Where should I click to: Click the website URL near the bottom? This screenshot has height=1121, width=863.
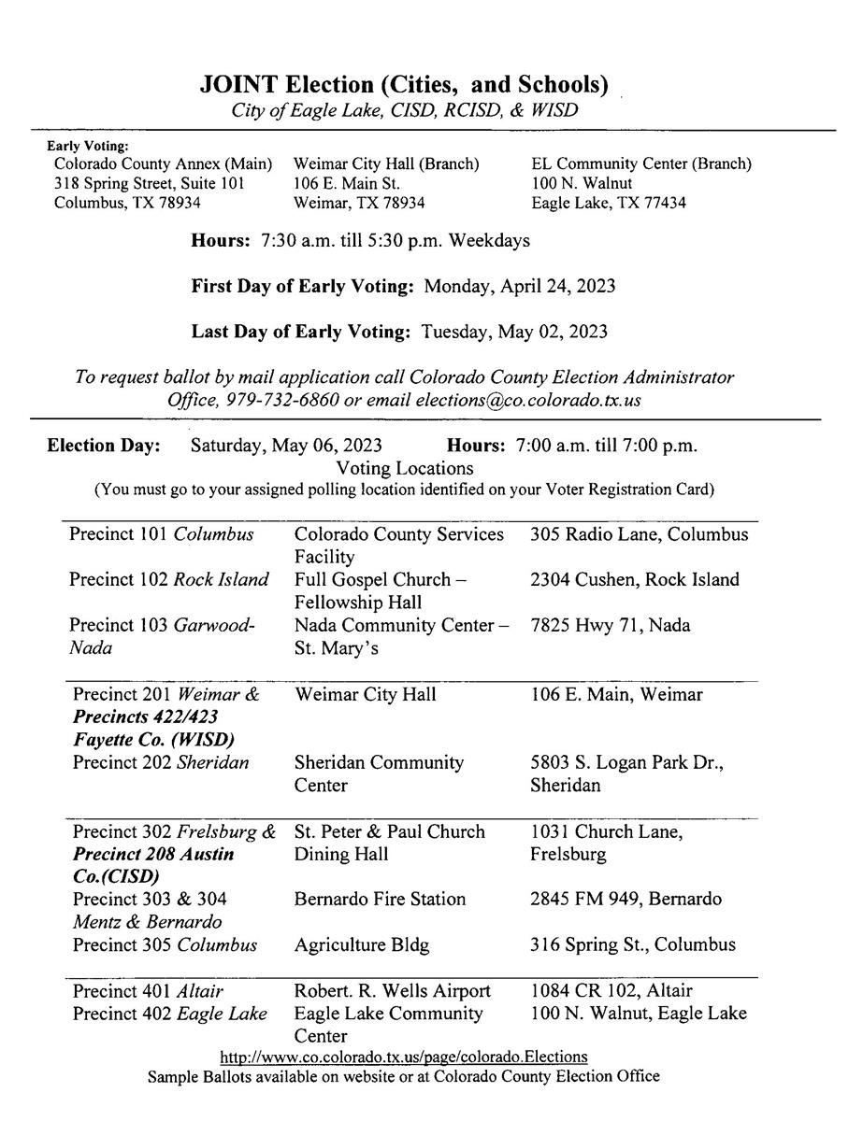coord(403,1057)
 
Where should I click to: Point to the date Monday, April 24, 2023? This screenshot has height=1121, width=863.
coord(520,286)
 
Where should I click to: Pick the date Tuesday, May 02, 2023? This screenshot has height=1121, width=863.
coord(514,332)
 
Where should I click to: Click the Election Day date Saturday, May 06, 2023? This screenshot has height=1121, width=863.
coord(286,445)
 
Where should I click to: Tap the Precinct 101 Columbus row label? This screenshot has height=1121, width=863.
coord(161,535)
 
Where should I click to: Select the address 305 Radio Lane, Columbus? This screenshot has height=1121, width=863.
coord(639,535)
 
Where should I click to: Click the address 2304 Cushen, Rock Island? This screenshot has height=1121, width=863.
coord(634,580)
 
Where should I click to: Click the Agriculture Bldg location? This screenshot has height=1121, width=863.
coord(361,944)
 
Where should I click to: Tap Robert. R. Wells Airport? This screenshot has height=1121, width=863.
coord(392,991)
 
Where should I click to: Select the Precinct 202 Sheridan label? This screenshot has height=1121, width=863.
coord(161,763)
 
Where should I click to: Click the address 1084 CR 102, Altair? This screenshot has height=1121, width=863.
coord(611,991)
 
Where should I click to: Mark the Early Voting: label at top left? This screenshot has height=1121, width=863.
coord(88,146)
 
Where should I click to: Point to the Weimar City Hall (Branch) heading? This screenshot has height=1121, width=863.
coord(386,164)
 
